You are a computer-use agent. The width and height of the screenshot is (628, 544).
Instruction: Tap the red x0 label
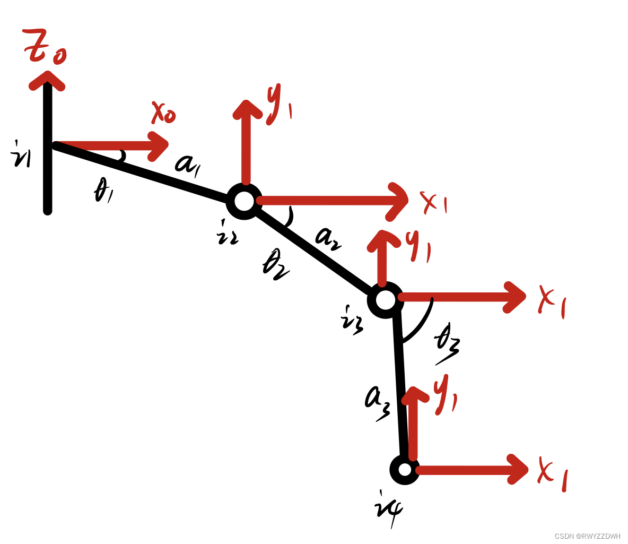(x=163, y=113)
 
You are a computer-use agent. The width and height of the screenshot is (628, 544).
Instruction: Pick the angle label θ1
(x=104, y=191)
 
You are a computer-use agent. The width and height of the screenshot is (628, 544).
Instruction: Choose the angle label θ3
(x=447, y=344)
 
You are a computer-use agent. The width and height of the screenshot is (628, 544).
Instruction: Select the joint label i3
(x=353, y=318)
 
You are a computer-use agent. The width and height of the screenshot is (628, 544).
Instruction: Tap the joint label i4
(x=388, y=510)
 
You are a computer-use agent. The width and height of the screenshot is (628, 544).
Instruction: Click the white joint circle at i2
(x=244, y=201)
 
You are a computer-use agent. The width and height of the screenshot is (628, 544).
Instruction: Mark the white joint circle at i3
(x=386, y=300)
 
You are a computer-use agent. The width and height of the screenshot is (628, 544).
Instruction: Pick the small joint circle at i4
(x=405, y=469)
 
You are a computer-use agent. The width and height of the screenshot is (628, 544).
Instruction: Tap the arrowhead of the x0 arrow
(x=159, y=145)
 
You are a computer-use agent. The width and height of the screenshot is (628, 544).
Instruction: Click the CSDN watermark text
(x=587, y=536)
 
